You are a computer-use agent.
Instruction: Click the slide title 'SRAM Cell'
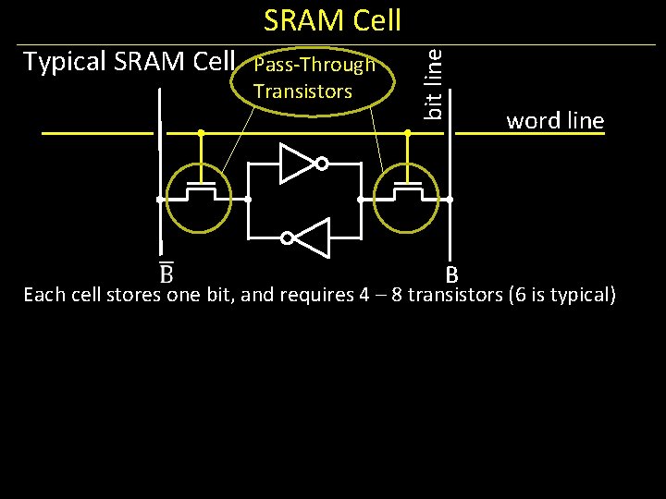click(332, 20)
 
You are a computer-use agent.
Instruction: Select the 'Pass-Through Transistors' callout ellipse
click(314, 81)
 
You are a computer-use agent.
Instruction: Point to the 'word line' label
click(554, 121)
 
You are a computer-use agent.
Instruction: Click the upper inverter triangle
click(298, 164)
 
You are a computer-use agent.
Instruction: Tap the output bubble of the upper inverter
click(322, 164)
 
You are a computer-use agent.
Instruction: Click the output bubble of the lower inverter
click(287, 238)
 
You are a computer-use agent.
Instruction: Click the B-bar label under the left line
click(166, 274)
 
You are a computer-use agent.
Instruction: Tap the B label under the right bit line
click(451, 274)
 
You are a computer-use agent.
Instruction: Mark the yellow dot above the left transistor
click(201, 133)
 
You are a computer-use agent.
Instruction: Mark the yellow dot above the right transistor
click(408, 133)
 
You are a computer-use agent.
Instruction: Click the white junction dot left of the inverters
click(248, 199)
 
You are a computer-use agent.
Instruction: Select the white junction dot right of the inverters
click(359, 199)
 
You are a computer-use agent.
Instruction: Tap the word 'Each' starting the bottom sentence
click(43, 296)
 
